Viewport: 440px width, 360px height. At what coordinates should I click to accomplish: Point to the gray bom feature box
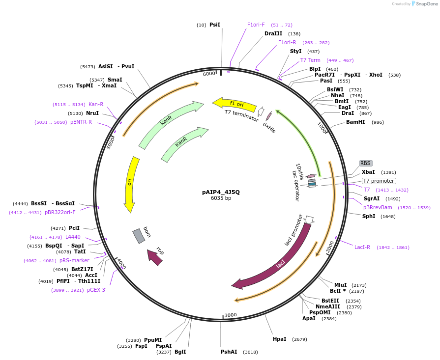(139, 236)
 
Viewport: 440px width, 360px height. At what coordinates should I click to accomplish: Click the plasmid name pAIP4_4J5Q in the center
(221, 192)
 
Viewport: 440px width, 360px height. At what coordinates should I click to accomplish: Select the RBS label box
(365, 163)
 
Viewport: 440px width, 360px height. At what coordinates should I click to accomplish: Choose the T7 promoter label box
(379, 181)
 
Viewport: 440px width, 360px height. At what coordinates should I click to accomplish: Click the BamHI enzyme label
(355, 122)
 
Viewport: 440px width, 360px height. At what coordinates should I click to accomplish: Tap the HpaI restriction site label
(280, 339)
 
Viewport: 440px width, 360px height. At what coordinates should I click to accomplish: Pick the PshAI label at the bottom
(229, 352)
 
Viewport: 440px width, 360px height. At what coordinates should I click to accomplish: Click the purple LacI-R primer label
(362, 247)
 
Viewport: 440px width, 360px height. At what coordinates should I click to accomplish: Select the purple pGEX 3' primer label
(97, 290)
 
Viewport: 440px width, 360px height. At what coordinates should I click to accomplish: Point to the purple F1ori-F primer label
(256, 25)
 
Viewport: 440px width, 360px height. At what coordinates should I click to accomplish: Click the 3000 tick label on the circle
(231, 315)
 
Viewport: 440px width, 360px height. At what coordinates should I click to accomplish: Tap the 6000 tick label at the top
(209, 74)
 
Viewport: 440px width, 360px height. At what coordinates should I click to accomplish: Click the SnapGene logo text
(426, 4)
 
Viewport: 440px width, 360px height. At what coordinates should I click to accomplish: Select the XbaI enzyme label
(368, 172)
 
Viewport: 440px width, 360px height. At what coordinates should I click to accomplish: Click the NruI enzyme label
(92, 113)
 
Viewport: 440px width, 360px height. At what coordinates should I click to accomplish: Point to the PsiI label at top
(215, 25)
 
